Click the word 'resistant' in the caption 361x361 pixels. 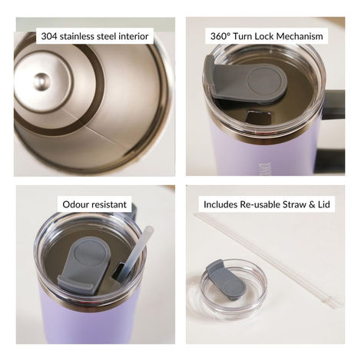click(114, 205)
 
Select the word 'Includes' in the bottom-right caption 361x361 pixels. click(221, 205)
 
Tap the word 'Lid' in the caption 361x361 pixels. click(333, 205)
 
